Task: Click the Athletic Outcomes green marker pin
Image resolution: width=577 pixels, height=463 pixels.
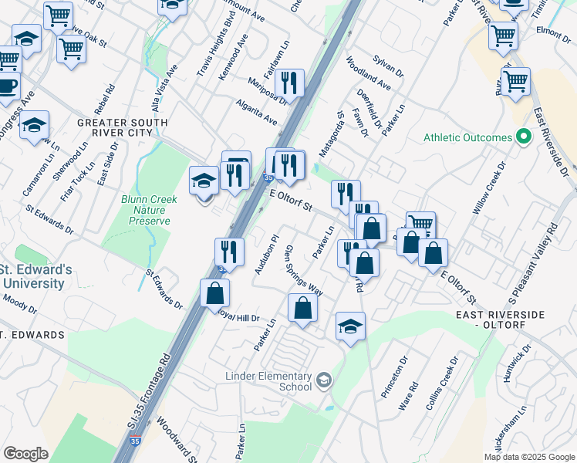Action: click(x=524, y=137)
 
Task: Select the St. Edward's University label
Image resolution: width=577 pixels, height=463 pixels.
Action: click(x=35, y=277)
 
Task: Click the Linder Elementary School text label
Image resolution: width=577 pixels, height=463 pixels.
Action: click(x=267, y=381)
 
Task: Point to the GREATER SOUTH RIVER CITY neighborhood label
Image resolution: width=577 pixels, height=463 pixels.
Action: click(x=123, y=128)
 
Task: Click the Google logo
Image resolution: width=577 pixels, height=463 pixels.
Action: click(x=25, y=453)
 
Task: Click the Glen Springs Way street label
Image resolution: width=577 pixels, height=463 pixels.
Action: click(x=303, y=270)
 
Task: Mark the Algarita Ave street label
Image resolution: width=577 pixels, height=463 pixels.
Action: click(x=260, y=115)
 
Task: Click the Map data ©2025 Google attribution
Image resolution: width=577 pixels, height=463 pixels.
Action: click(x=528, y=456)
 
